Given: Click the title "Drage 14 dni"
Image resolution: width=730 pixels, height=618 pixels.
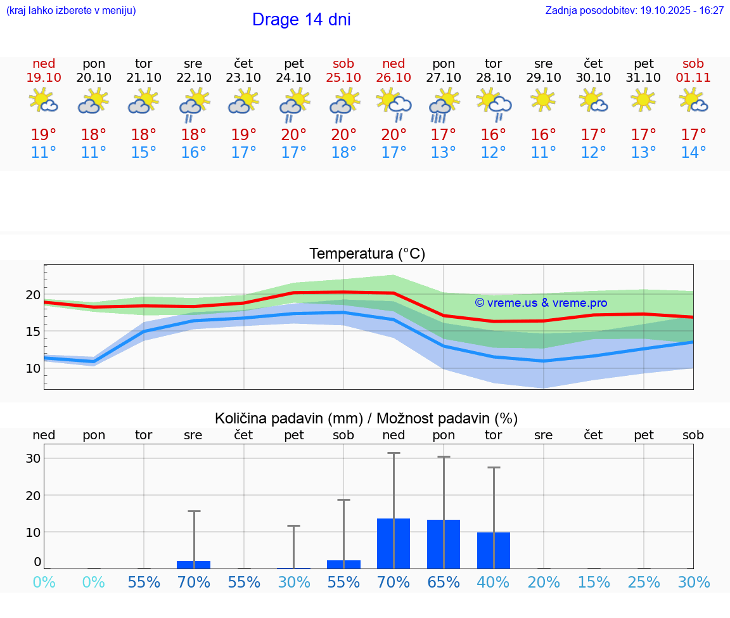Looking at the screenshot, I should coord(301,20).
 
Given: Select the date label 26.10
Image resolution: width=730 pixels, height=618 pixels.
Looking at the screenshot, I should coord(394,77).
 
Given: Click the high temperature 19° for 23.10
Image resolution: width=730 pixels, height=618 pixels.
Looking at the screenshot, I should coord(244,135).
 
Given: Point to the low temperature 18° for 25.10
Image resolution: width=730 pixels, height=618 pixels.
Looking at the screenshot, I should coord(343,153).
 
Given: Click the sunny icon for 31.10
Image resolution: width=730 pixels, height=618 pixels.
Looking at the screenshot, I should coord(644,100).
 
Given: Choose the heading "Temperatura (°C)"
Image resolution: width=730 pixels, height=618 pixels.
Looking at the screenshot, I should coord(367,254).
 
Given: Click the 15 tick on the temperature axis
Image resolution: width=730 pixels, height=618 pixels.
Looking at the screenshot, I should coord(34,332).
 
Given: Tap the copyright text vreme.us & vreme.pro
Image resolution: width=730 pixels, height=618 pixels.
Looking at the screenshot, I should coord(541,303).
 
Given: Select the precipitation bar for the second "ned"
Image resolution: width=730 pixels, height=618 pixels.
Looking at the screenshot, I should coord(394,543).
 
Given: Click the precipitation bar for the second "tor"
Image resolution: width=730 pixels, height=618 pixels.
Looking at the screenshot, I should coord(494,550).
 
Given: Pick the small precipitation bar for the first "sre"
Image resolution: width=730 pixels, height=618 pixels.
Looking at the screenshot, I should coord(193,564).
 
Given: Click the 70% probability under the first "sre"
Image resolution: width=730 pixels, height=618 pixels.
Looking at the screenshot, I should coord(194,583).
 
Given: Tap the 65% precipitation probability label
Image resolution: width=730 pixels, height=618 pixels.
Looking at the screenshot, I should coord(444,583).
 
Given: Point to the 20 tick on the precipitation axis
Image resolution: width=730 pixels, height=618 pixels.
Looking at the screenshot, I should coord(34,495).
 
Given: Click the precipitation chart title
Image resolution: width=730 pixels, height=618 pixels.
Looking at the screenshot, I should coord(366,418).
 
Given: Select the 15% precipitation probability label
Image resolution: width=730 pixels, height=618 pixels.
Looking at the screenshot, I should coord(594,583).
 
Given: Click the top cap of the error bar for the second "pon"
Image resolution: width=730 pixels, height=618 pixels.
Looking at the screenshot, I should coord(444,456).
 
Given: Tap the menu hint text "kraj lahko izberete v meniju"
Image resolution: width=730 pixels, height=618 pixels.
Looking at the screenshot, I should coord(70,11).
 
